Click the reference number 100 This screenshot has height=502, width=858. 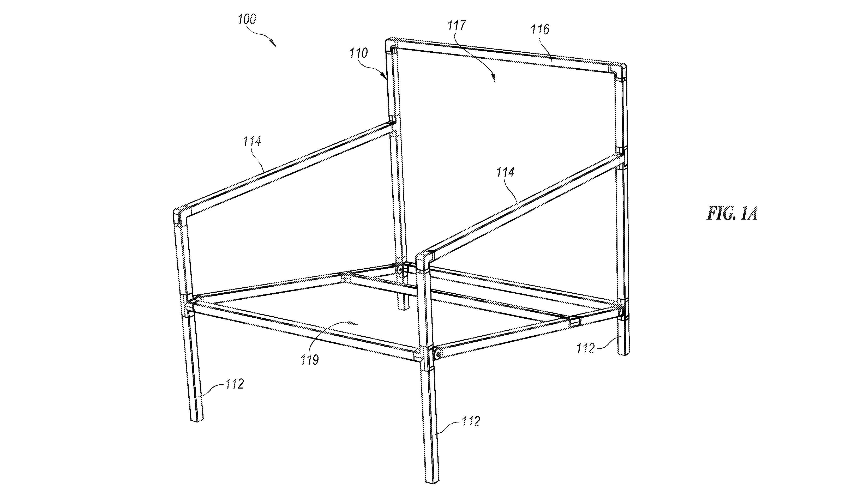(247, 19)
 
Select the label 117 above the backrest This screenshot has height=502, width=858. (456, 26)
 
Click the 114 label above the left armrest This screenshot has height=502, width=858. (252, 141)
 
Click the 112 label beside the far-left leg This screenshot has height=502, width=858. (234, 384)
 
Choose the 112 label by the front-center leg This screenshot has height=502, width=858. (471, 422)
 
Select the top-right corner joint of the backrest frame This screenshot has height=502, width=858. (620, 70)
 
